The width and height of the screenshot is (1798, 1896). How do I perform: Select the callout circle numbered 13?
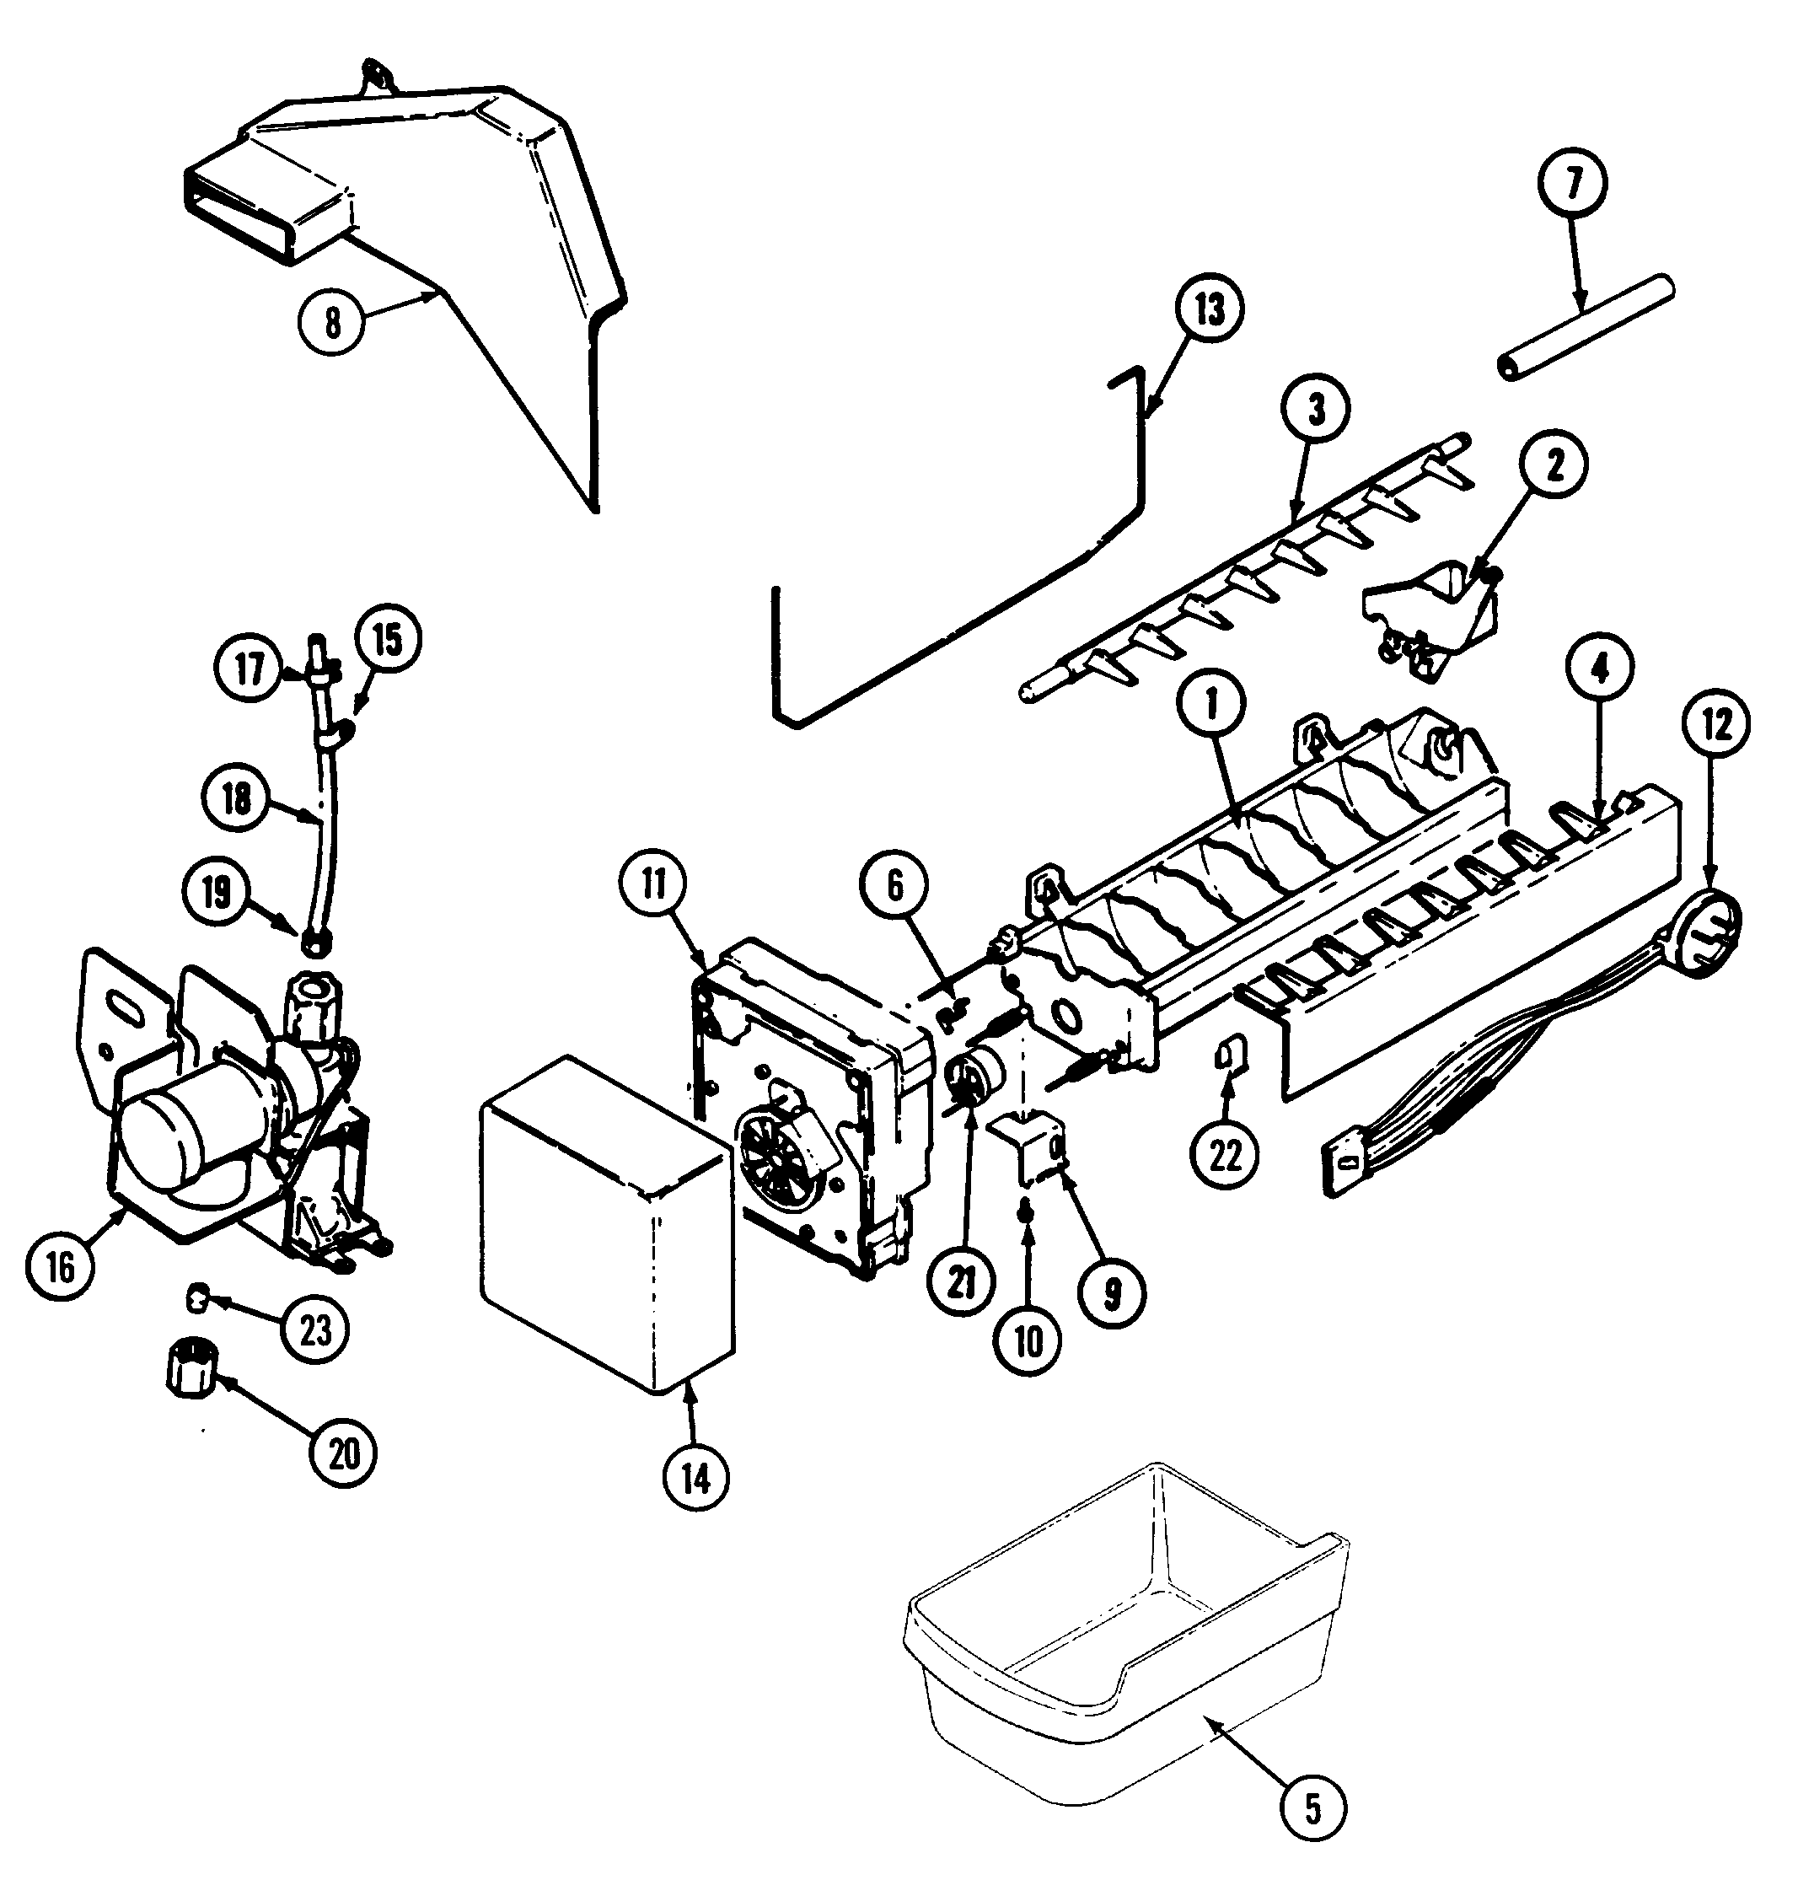(1210, 310)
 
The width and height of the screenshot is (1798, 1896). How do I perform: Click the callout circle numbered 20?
(343, 1454)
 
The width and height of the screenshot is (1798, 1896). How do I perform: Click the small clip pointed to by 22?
(1226, 1055)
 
